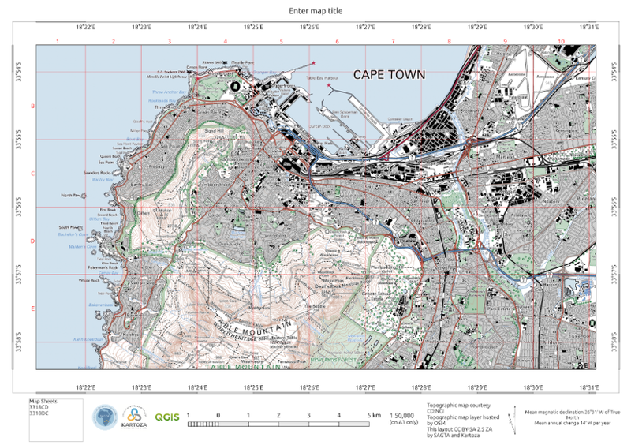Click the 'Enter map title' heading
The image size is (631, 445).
coord(315,9)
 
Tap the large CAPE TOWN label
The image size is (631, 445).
coord(389,75)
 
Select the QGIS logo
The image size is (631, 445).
coord(166,416)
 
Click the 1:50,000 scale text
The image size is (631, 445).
coord(400,414)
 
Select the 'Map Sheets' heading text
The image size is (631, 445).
coord(44,401)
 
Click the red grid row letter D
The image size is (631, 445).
coord(32,241)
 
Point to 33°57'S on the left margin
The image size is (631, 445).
coord(21,275)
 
